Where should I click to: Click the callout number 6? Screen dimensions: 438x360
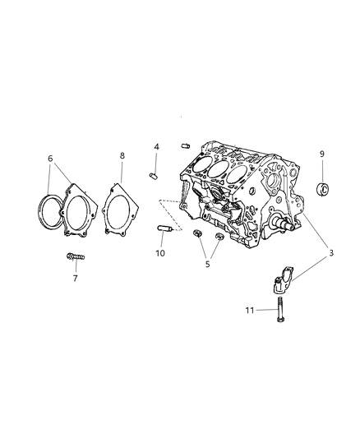pyautogui.click(x=49, y=159)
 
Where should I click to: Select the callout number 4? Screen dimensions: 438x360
pyautogui.click(x=155, y=148)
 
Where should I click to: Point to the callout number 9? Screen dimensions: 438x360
pyautogui.click(x=322, y=153)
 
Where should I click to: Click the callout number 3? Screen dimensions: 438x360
pyautogui.click(x=331, y=254)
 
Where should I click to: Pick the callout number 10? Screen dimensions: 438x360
pyautogui.click(x=160, y=253)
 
